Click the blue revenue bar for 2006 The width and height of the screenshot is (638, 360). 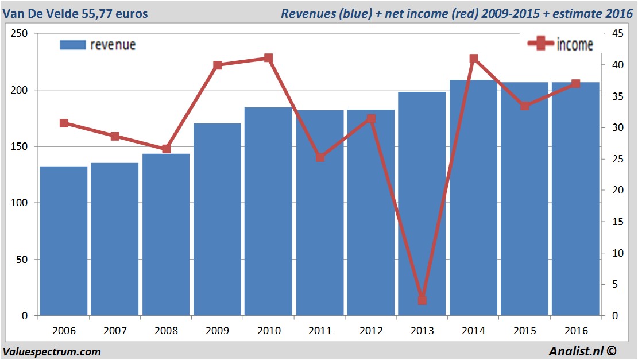point(63,241)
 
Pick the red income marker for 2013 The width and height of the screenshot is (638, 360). point(422,300)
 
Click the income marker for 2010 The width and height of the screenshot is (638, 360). point(268,58)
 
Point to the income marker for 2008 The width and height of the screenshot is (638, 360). point(166,149)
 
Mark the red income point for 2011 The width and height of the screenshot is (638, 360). point(320,157)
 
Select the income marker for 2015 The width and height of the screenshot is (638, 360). point(524,106)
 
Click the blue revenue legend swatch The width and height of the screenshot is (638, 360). point(73,45)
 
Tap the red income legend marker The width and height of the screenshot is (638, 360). point(540,44)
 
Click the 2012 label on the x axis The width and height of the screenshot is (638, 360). point(371,331)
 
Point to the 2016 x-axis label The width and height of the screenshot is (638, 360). point(575,331)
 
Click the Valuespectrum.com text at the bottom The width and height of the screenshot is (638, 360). point(52,351)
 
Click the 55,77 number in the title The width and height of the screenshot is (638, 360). point(98,13)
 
